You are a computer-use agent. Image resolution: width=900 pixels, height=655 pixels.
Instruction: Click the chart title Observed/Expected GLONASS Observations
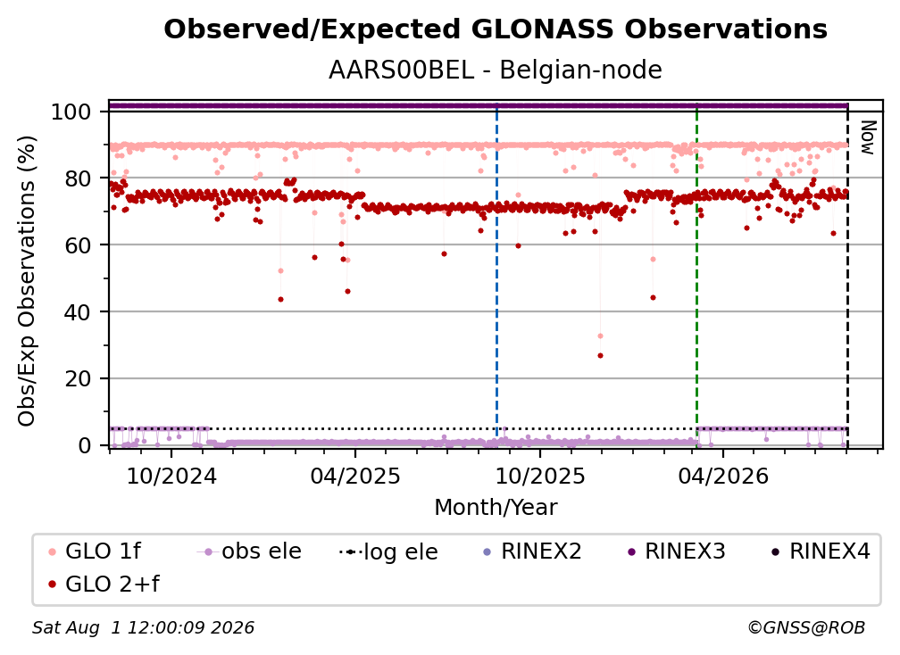point(496,29)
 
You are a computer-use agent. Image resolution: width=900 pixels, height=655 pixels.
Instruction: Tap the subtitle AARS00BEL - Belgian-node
point(496,70)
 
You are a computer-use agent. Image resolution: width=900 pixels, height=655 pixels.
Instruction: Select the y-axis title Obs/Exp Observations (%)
point(27,281)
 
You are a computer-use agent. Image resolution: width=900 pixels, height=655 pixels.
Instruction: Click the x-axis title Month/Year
point(496,507)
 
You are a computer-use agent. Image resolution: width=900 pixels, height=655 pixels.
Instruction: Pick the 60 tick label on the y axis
point(78,245)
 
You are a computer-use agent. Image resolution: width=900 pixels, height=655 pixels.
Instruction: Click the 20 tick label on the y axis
point(78,379)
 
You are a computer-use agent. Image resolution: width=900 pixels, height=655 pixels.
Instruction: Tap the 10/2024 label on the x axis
point(171,476)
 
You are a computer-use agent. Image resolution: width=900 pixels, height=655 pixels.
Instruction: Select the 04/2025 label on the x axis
point(355,476)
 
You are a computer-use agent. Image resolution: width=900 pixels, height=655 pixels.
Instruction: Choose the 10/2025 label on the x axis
point(539,476)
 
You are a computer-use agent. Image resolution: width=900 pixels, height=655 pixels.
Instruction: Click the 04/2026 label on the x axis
point(723,476)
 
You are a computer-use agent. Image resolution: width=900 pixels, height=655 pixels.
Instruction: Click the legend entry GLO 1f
point(95,551)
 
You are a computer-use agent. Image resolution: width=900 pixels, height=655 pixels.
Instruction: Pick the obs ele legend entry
point(249,551)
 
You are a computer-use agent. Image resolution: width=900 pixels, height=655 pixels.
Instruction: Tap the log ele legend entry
point(388,551)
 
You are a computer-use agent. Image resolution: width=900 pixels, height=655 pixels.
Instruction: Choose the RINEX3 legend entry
point(677,551)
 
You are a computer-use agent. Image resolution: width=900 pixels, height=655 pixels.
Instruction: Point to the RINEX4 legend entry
point(821,551)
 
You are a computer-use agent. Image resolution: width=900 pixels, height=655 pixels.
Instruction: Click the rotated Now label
point(867,137)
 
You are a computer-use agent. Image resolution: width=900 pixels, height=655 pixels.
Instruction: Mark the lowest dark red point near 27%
point(600,355)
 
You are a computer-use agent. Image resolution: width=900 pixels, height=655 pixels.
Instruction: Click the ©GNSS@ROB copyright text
point(806,627)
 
